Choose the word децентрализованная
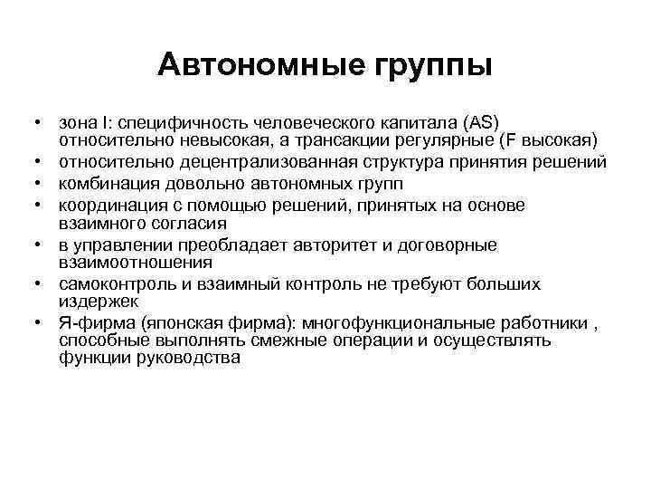click(x=243, y=163)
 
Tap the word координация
click(x=108, y=204)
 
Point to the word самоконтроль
click(x=112, y=284)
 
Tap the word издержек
click(x=99, y=302)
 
